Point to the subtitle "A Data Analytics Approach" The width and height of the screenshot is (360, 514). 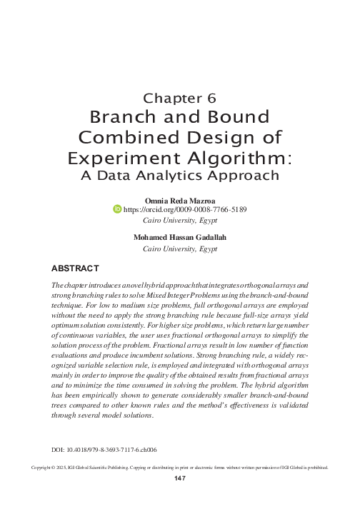[180, 175]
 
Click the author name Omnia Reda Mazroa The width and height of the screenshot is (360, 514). [180, 200]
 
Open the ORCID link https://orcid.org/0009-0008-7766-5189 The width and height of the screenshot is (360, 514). [185, 210]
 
